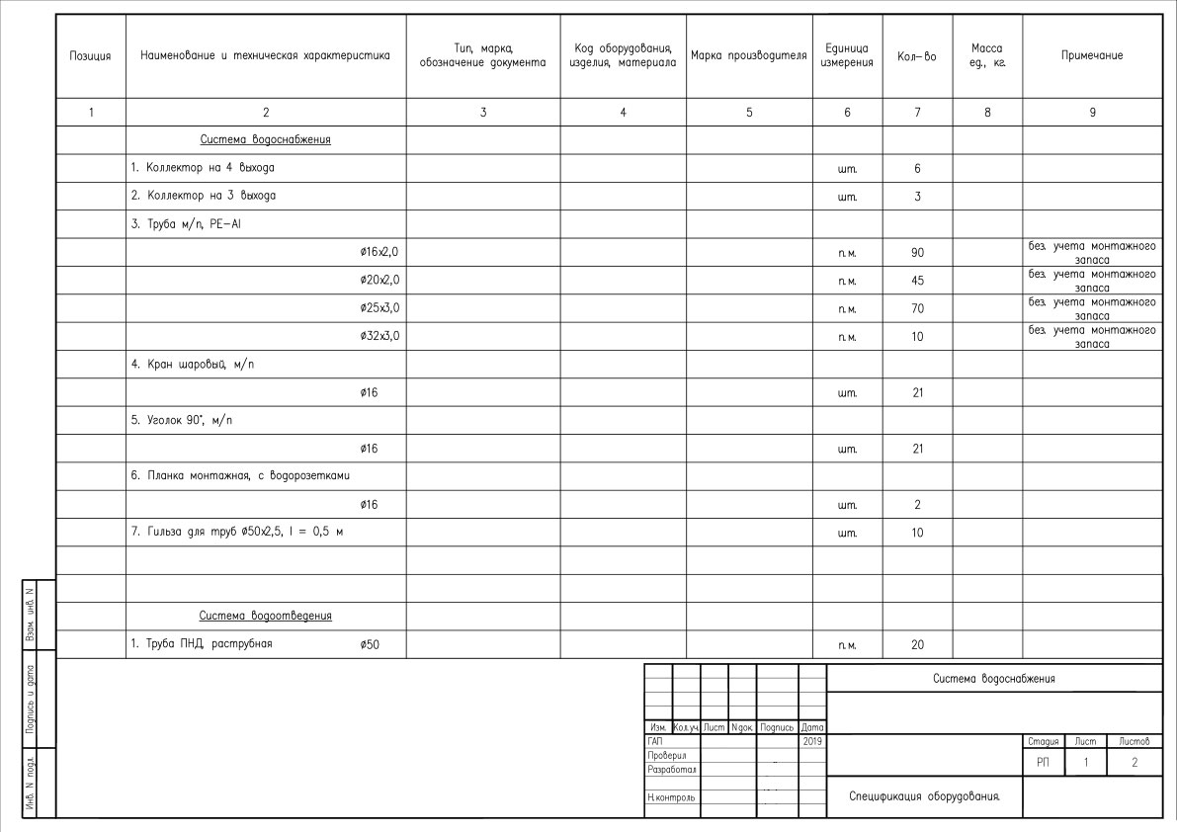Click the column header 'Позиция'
(x=91, y=56)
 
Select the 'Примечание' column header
(x=1092, y=56)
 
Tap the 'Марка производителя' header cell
(x=749, y=56)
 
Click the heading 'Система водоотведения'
(x=265, y=617)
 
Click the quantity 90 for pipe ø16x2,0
(x=917, y=253)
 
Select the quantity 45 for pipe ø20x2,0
(x=917, y=281)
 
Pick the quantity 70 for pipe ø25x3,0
(x=917, y=308)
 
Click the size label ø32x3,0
(x=379, y=336)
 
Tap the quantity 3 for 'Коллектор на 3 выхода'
(x=917, y=197)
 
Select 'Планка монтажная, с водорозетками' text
(x=241, y=476)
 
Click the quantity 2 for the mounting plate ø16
(x=917, y=505)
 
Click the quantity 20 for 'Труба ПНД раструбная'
(x=917, y=645)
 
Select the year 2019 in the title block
(x=811, y=740)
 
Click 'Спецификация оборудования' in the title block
(x=918, y=795)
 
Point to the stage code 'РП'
(x=1043, y=763)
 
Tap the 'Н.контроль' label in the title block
(x=671, y=796)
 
